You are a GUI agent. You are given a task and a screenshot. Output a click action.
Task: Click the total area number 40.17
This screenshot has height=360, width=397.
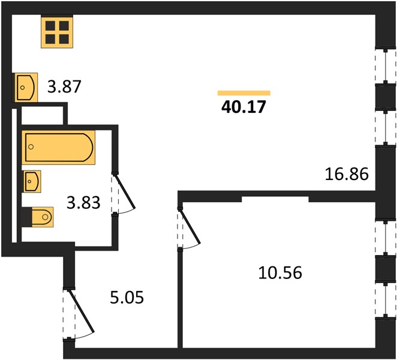coord(243,107)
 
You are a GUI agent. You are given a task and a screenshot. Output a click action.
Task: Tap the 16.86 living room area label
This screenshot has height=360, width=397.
coord(347,174)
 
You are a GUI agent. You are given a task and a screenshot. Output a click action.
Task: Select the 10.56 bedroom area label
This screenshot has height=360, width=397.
coord(280,273)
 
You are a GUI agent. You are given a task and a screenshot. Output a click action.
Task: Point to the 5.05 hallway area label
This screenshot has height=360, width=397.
coord(127,297)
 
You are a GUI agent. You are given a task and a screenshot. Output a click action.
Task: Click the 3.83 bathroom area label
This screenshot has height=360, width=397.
coord(83,203)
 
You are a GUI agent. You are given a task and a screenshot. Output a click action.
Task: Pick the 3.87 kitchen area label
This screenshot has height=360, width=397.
coord(64,86)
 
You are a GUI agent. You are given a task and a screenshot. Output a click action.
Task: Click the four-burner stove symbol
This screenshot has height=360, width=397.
coord(57,32)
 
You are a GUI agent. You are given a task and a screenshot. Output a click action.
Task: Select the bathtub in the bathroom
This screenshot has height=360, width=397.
coord(58,147)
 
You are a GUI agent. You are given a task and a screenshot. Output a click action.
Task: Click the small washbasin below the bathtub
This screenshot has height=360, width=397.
coord(32,181)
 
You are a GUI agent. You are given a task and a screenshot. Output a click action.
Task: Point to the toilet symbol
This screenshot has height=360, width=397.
coord(43,217)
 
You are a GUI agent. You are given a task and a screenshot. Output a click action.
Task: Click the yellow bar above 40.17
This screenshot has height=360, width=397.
coord(244,93)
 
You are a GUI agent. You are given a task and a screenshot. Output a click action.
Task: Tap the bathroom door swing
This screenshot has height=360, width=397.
coord(124,194)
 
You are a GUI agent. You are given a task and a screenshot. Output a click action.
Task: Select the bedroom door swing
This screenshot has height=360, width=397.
coord(190,227)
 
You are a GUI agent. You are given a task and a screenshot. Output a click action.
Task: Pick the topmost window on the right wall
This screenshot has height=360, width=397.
coord(385,67)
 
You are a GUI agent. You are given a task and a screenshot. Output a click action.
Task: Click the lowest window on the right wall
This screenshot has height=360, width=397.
coord(386,301)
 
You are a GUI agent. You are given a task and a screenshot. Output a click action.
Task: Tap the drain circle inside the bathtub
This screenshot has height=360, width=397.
coord(31,146)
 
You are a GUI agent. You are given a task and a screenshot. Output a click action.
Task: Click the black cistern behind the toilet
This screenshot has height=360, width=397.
coord(27,217)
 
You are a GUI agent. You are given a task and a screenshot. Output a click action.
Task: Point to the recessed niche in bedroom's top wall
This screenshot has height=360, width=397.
coord(275,199)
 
